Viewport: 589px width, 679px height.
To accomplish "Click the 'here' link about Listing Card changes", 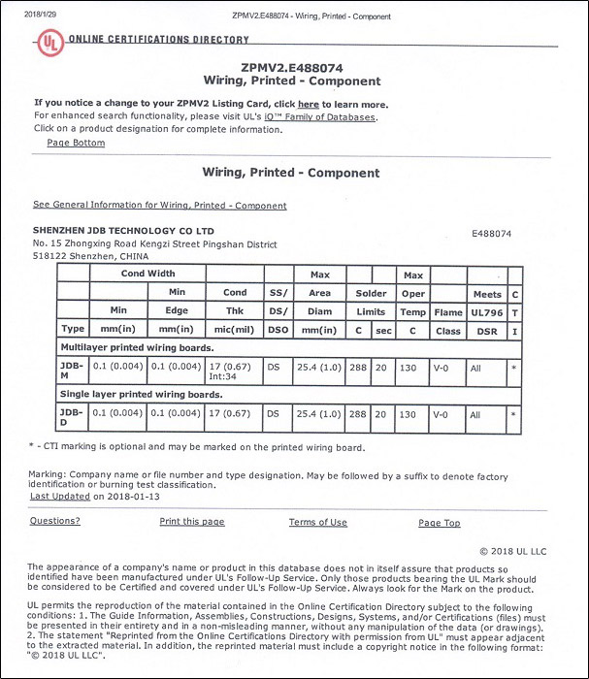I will [x=308, y=104].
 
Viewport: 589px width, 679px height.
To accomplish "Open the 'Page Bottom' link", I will [x=76, y=143].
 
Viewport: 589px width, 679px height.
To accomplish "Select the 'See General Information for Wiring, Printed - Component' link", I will [x=159, y=206].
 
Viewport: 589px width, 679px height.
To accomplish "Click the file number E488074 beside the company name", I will [x=491, y=234].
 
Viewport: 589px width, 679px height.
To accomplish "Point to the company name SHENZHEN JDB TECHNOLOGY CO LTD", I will [x=123, y=231].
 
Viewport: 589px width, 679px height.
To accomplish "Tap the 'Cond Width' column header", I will [x=147, y=274].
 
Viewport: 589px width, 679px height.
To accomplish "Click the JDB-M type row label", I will [x=72, y=370].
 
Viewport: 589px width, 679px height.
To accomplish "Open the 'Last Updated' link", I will [x=60, y=496].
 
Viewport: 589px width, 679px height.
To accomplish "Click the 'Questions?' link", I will [x=54, y=521].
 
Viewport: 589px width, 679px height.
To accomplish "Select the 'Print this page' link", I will [x=191, y=522].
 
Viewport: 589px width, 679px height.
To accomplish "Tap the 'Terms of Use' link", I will [x=317, y=523].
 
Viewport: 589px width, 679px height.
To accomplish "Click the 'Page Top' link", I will [x=439, y=523].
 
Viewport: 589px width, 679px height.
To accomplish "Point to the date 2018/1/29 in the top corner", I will [x=26, y=16].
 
